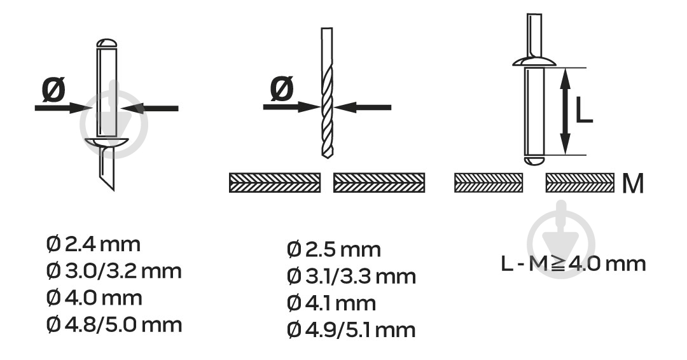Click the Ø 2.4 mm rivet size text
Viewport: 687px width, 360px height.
point(94,244)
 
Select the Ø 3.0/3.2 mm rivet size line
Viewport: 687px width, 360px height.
point(114,271)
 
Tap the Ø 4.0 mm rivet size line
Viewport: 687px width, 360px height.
point(94,298)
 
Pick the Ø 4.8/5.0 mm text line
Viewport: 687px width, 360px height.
point(114,325)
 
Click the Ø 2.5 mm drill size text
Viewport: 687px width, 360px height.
point(334,249)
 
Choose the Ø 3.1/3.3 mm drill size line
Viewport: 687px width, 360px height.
point(351,276)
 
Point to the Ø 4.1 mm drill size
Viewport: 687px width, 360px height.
point(331,303)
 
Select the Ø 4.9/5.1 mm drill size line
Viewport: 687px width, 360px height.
point(351,329)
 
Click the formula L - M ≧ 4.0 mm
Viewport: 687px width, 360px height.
point(574,264)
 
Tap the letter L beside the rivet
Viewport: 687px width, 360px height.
point(583,110)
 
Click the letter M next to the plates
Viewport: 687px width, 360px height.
point(633,184)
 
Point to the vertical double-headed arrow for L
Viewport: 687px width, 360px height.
point(566,111)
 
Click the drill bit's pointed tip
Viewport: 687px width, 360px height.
point(326,157)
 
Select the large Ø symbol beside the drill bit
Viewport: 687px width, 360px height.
point(282,88)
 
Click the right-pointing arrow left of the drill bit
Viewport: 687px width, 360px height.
point(291,107)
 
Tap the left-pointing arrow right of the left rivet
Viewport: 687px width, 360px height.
point(149,107)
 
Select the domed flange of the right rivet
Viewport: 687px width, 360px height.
point(534,61)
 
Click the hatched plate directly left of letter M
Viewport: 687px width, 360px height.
point(579,183)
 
